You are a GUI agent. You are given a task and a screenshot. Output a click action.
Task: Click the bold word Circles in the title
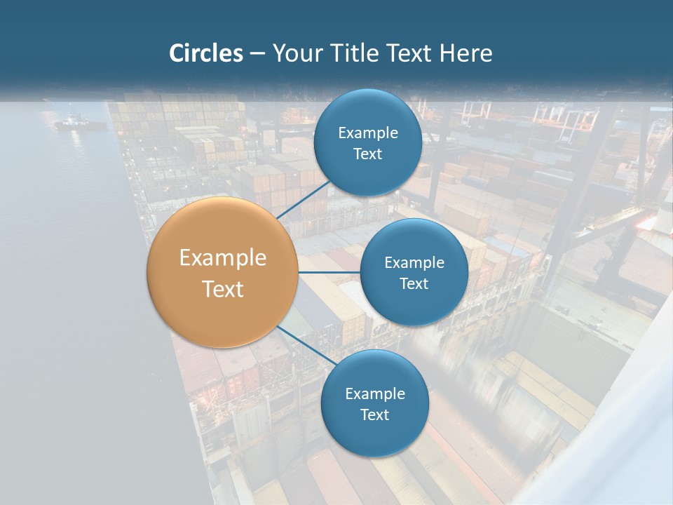pos(205,53)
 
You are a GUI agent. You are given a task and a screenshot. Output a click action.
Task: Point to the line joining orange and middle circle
pos(329,272)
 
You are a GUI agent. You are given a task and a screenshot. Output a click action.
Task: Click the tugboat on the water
pos(79,123)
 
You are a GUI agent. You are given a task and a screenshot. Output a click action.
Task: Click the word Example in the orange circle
pos(223,258)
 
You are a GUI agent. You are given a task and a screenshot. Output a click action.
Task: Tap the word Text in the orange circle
pos(223,289)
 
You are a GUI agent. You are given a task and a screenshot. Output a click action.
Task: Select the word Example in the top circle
pos(367,133)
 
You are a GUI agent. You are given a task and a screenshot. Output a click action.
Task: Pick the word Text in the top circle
pos(367,154)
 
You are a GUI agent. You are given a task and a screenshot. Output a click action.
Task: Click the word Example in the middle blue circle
pos(414,263)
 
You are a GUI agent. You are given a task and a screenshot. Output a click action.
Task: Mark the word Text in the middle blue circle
pos(414,284)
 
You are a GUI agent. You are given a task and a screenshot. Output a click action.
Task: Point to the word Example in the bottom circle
pos(374,394)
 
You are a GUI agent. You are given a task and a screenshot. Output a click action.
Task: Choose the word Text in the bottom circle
pos(374,415)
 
